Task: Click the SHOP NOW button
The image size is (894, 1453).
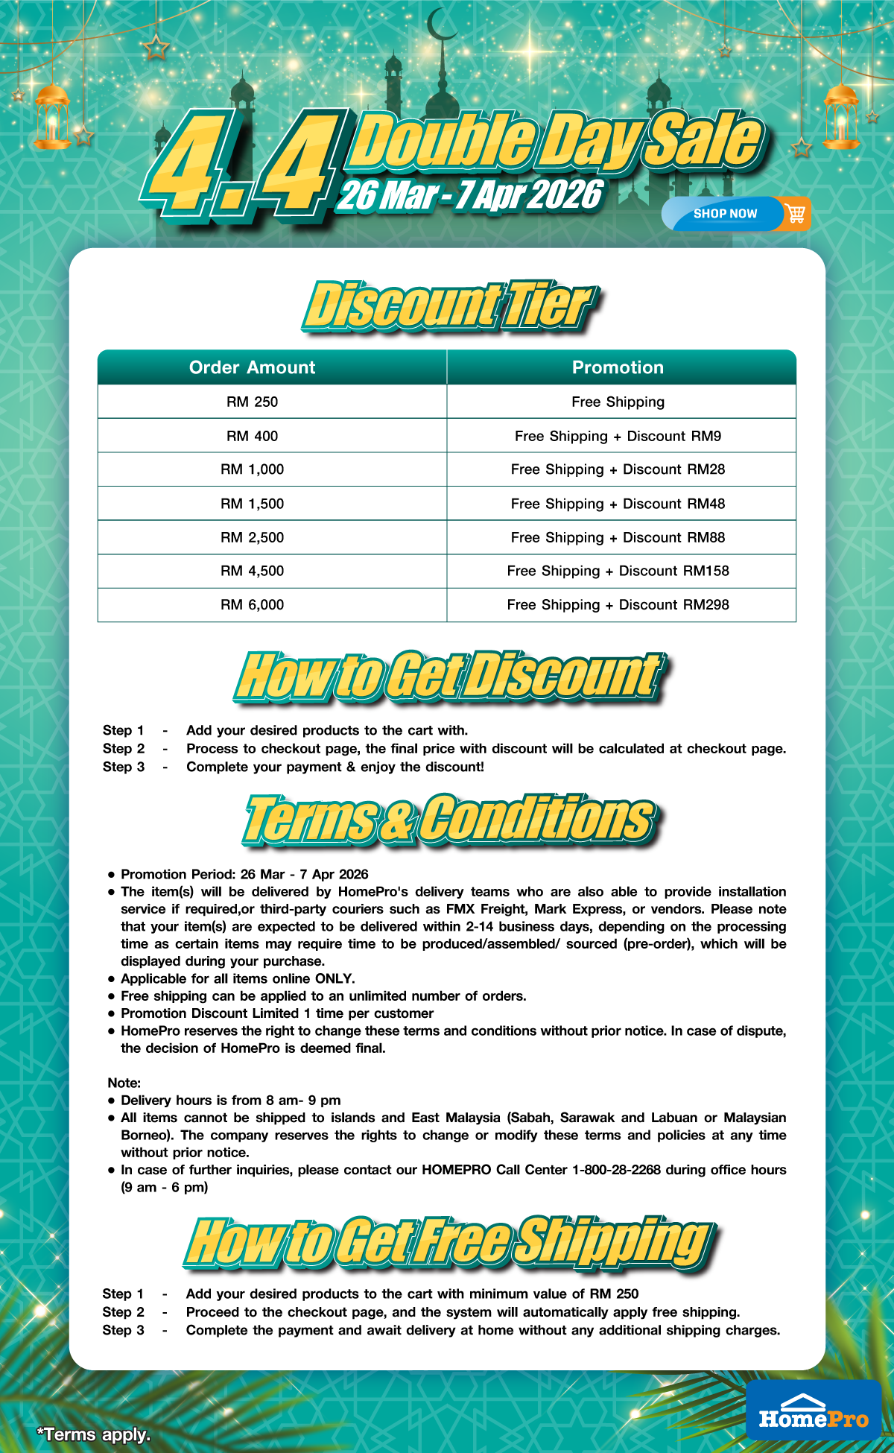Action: pyautogui.click(x=724, y=214)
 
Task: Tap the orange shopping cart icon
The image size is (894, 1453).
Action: pyautogui.click(x=796, y=214)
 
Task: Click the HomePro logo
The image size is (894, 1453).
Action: pyautogui.click(x=814, y=1410)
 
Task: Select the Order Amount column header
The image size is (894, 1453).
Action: pyautogui.click(x=252, y=367)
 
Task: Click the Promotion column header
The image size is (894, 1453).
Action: pyautogui.click(x=618, y=367)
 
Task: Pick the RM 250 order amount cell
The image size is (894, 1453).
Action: pyautogui.click(x=252, y=402)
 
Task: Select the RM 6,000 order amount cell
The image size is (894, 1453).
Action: pyautogui.click(x=252, y=604)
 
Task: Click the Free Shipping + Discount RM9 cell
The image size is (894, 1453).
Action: pyautogui.click(x=618, y=436)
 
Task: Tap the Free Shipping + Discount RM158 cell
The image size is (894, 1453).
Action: pyautogui.click(x=618, y=571)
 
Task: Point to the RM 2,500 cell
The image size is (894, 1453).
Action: pyautogui.click(x=252, y=537)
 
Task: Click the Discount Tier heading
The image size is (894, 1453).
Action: pyautogui.click(x=449, y=306)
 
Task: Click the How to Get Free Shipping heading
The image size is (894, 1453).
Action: pyautogui.click(x=449, y=1241)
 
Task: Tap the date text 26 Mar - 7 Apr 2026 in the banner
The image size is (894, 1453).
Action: pyautogui.click(x=469, y=195)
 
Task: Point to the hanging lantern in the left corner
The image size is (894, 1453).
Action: pyautogui.click(x=52, y=115)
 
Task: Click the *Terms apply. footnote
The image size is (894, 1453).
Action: pyautogui.click(x=94, y=1434)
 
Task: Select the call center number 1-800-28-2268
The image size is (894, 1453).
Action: pyautogui.click(x=616, y=1169)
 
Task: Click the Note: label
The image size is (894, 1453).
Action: pyautogui.click(x=124, y=1083)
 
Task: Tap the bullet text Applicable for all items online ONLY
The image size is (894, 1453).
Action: pyautogui.click(x=238, y=978)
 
